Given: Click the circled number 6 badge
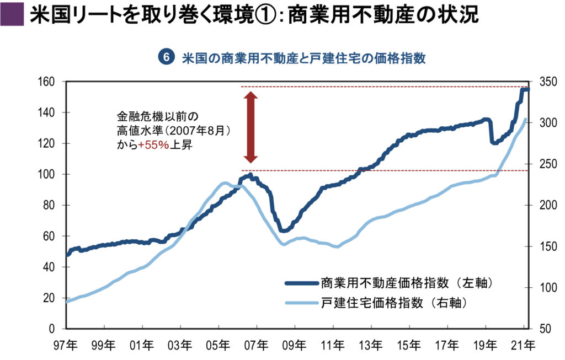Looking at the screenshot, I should coord(166,57).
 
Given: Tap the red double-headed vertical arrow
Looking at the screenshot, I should coord(251,127).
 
